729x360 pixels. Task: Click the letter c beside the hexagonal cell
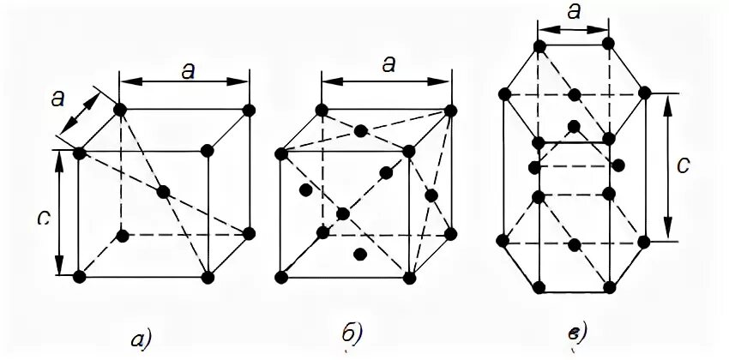coord(682,165)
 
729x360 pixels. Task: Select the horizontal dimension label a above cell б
coord(388,63)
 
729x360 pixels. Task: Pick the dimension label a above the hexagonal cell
coord(575,12)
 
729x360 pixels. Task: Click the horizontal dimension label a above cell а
coord(187,71)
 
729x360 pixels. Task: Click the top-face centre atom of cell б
coord(361,131)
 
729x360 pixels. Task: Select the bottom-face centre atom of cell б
coord(361,254)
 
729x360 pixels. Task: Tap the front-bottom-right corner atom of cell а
coord(208,277)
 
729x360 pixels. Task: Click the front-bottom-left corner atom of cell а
coord(79,277)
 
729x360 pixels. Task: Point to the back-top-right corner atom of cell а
coord(250,110)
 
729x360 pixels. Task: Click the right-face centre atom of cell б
coord(431,196)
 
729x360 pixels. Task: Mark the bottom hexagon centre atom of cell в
coord(575,243)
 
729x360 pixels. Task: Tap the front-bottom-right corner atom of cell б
coord(411,277)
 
